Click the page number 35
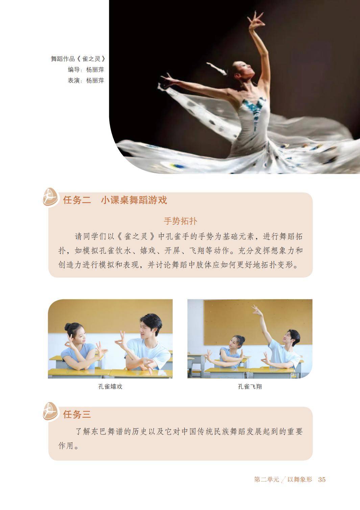pos(322,479)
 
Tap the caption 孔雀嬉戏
pos(110,386)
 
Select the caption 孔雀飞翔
pos(249,386)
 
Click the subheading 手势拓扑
pos(181,221)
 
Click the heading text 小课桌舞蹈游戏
pos(134,200)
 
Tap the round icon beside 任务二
pos(50,197)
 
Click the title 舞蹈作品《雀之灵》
pos(78,59)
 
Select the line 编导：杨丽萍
pos(86,70)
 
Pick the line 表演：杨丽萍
pos(86,80)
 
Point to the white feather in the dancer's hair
pos(217,68)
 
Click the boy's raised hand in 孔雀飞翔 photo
pos(256,309)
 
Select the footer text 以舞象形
pos(299,479)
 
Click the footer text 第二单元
pos(266,479)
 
